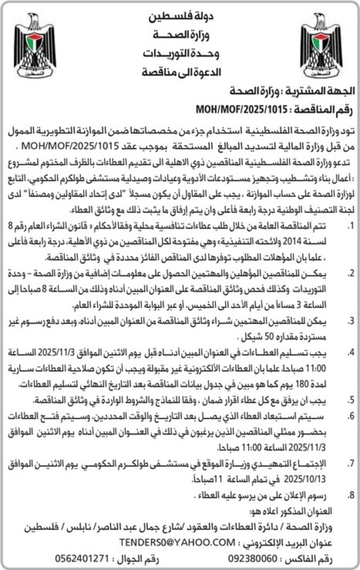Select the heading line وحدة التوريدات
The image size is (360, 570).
point(180,53)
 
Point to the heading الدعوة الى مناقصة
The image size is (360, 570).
point(180,71)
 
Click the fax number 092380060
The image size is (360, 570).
point(253,559)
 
